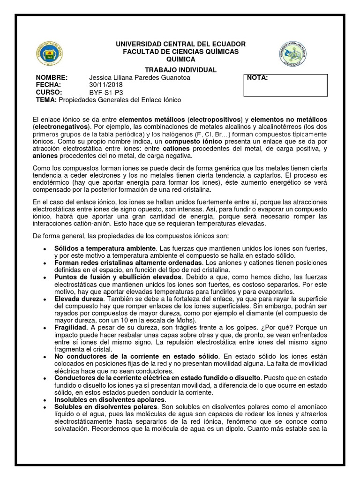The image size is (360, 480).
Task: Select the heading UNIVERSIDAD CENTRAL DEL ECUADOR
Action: coord(180,44)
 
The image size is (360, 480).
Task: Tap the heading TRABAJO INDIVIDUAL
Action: coord(180,70)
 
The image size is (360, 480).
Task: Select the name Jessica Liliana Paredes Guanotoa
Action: coord(139,77)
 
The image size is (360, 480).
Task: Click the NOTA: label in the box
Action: coord(257,78)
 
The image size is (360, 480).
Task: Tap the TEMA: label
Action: coord(46,100)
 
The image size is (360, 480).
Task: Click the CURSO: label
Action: coord(49,92)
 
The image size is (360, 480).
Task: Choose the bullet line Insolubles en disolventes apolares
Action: coord(110,399)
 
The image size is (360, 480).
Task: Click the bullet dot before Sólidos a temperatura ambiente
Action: coord(44,248)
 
